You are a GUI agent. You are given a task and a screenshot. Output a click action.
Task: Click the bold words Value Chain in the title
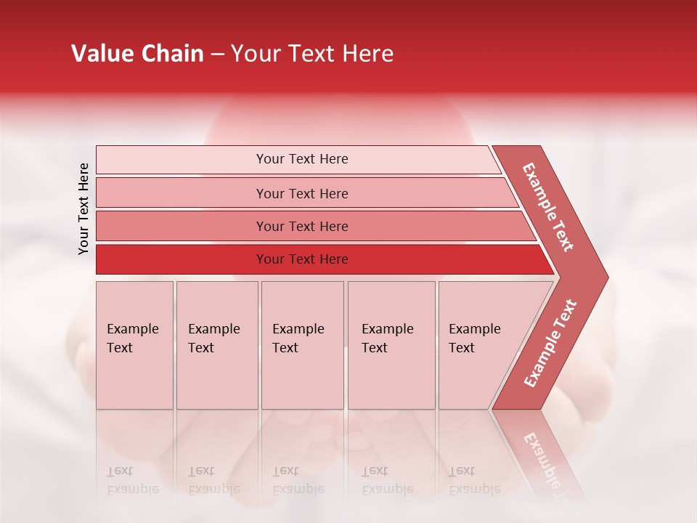(x=137, y=54)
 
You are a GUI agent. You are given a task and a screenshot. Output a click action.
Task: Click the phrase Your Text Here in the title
(x=312, y=54)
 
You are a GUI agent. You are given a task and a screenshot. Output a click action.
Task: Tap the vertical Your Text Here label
(x=83, y=208)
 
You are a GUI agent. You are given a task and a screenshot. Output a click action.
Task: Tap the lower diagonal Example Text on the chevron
(x=550, y=343)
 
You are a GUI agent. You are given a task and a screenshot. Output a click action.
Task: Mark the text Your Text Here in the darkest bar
(x=302, y=259)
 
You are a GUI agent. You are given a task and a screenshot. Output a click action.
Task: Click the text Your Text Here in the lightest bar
(x=302, y=159)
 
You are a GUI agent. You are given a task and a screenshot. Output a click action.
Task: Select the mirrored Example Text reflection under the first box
(x=132, y=480)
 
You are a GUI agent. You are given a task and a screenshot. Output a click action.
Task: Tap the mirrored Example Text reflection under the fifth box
(x=474, y=480)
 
